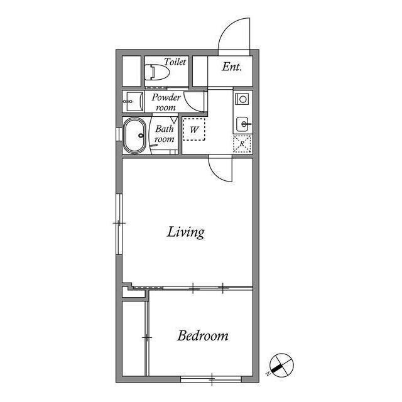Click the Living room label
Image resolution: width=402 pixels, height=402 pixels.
[186, 232]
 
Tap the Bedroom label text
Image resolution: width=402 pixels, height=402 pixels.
[202, 335]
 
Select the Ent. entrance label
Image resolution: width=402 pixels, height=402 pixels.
[232, 67]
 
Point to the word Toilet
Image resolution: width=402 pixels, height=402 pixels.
[175, 62]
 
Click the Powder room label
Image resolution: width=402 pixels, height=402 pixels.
[166, 102]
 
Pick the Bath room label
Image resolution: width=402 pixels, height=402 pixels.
[165, 134]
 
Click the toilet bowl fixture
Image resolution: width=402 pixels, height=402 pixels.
[157, 72]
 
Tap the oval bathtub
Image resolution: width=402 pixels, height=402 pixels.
[135, 136]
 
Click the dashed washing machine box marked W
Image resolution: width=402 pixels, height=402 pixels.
[194, 129]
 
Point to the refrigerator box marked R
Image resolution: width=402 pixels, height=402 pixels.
[242, 144]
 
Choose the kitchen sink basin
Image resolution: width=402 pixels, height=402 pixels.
[242, 124]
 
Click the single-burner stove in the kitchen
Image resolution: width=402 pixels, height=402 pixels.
[242, 99]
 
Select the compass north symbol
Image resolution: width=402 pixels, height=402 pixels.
[281, 365]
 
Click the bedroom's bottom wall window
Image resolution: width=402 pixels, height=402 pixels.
[211, 379]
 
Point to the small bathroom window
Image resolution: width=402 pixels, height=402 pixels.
[119, 134]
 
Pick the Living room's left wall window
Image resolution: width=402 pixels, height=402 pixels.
[119, 224]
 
